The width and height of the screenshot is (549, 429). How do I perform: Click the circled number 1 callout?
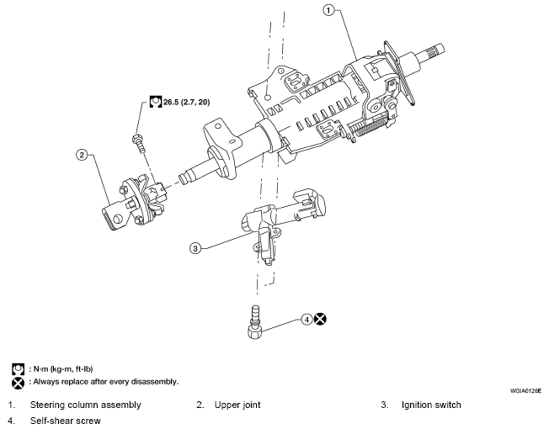pos(328,10)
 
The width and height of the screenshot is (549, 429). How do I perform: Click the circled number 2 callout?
pos(82,155)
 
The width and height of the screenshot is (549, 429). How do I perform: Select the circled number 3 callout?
pos(195,248)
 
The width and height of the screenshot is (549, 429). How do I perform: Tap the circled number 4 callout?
pos(306,320)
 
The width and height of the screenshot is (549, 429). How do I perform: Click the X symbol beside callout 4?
pos(320,319)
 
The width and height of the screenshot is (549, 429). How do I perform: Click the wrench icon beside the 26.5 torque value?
pos(156,102)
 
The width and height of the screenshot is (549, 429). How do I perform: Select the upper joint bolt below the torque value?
pos(139,144)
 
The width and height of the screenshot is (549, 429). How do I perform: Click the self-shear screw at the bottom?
pos(255,322)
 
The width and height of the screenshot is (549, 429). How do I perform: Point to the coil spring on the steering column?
pos(370,124)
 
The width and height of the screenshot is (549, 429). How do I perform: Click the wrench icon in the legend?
pos(18,369)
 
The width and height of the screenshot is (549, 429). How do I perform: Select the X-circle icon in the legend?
pos(18,383)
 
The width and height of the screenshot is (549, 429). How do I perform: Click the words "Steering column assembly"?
pos(85,405)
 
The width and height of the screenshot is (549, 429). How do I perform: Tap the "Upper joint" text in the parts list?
pos(237,405)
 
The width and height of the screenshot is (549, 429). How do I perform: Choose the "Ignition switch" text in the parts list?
pos(431,405)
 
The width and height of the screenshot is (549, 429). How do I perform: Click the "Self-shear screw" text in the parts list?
pos(65,421)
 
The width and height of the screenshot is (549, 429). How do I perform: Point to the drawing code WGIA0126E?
pos(525,391)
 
